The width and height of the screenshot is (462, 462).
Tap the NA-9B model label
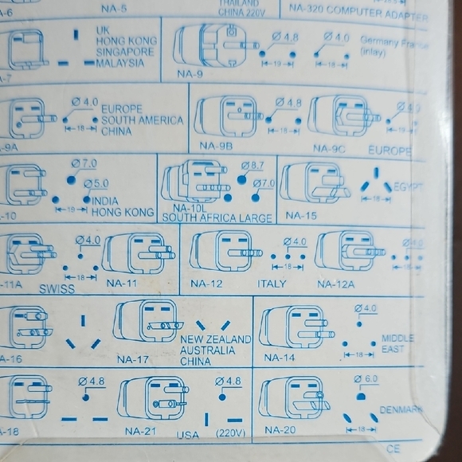pyautogui.click(x=216, y=147)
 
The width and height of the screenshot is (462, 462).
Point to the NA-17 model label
pyautogui.click(x=133, y=358)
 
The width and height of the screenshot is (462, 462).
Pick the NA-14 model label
pyautogui.click(x=280, y=358)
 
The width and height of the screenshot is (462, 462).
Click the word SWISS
pyautogui.click(x=56, y=289)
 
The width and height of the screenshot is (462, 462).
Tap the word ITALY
pyautogui.click(x=272, y=284)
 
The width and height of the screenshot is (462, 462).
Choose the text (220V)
pyautogui.click(x=230, y=434)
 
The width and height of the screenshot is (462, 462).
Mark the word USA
pyautogui.click(x=188, y=435)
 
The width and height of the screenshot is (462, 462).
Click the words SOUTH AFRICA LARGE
pyautogui.click(x=217, y=217)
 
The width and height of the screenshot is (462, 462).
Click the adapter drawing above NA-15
pyautogui.click(x=313, y=185)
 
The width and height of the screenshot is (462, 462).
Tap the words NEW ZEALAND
pyautogui.click(x=217, y=339)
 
